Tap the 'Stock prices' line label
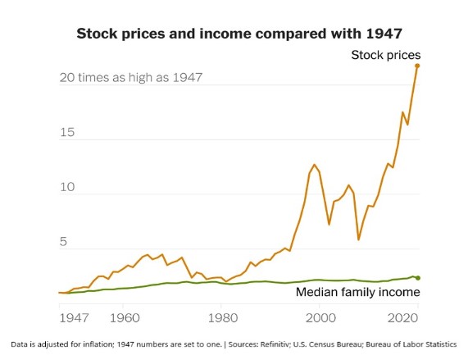coord(385,55)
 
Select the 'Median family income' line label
coord(357,291)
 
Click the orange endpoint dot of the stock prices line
coord(417,65)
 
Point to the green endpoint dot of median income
coord(417,278)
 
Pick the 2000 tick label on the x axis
coord(320,316)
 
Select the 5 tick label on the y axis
coord(64,243)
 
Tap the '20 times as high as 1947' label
coord(130,78)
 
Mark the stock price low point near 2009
coord(358,239)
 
